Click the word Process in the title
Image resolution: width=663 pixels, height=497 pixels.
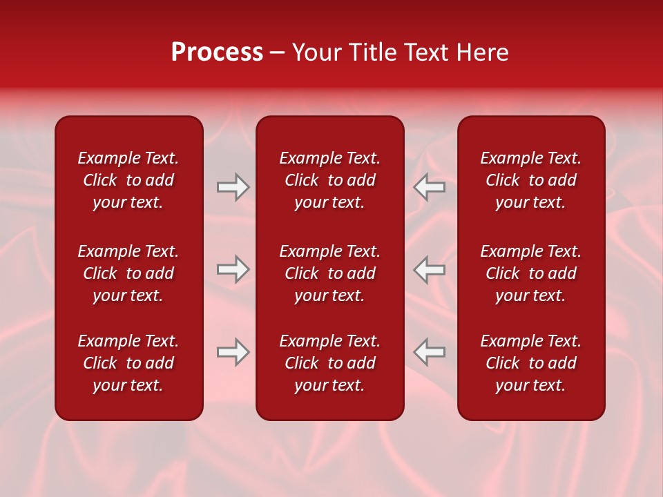click(217, 52)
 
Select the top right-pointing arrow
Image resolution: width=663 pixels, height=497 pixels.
click(233, 187)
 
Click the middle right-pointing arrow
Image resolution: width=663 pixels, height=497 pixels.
click(233, 269)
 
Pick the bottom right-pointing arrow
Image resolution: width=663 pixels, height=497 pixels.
click(233, 352)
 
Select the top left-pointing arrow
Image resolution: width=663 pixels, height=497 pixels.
click(430, 187)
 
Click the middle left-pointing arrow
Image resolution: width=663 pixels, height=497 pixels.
click(430, 269)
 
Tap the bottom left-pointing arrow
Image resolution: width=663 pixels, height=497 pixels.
click(430, 352)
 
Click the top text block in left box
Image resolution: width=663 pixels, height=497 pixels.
click(128, 180)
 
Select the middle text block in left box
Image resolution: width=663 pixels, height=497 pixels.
click(128, 273)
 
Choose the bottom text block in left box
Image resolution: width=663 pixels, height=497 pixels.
click(128, 363)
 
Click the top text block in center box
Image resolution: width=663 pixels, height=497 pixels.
click(329, 180)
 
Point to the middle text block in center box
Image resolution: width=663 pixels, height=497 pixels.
click(329, 273)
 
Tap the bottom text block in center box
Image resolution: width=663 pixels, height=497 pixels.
click(329, 363)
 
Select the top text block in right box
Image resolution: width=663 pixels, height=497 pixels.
click(530, 180)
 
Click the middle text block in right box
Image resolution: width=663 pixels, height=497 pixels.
click(530, 273)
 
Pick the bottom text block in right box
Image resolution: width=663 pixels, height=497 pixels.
click(530, 363)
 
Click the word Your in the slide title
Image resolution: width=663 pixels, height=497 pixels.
click(317, 52)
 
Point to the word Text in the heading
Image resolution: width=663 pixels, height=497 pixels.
click(427, 52)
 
